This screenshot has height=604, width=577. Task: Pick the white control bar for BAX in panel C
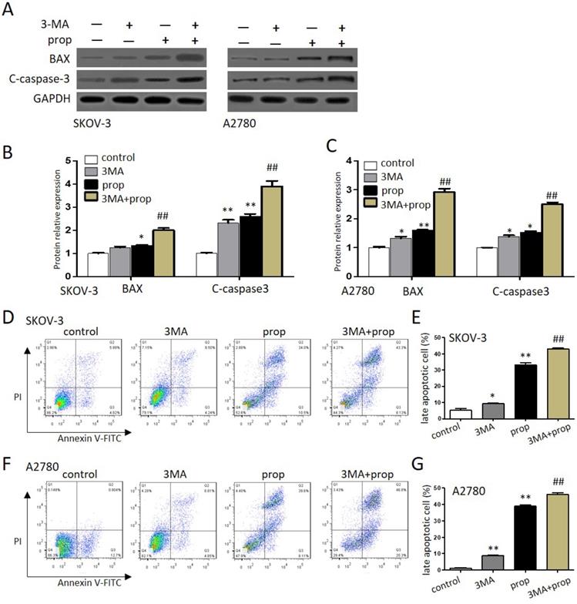point(377,261)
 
